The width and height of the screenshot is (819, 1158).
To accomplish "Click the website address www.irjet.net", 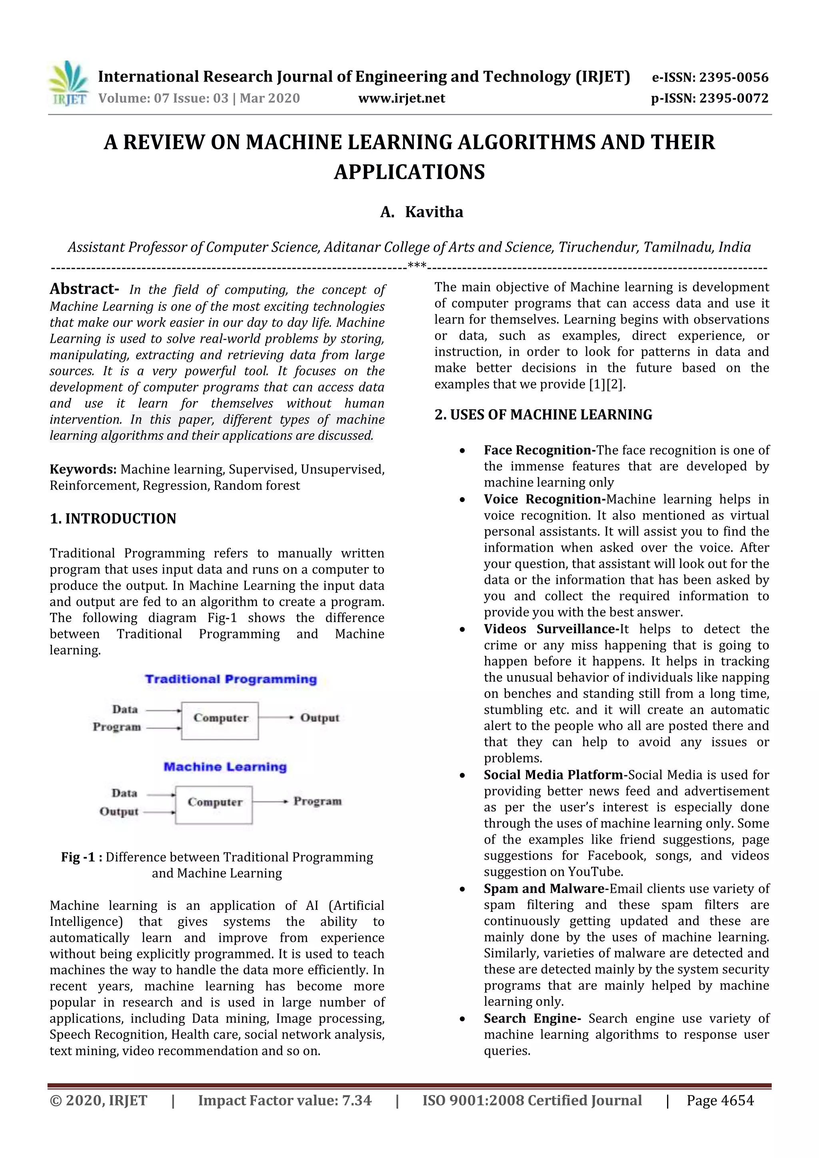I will pyautogui.click(x=402, y=98).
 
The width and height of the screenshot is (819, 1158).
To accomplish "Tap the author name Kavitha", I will pyautogui.click(x=434, y=212).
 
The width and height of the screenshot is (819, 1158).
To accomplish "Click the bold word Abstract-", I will pyautogui.click(x=84, y=289).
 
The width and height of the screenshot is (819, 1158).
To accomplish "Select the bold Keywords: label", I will pyautogui.click(x=83, y=469).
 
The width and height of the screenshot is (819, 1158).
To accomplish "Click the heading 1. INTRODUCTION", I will pyautogui.click(x=113, y=518).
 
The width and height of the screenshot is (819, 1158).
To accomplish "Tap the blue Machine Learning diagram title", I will pyautogui.click(x=225, y=767).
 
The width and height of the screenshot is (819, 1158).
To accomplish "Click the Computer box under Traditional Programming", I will pyautogui.click(x=220, y=721).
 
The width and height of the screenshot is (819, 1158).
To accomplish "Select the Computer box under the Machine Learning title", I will pyautogui.click(x=214, y=804).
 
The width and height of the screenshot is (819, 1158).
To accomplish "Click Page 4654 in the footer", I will pyautogui.click(x=720, y=1100).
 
